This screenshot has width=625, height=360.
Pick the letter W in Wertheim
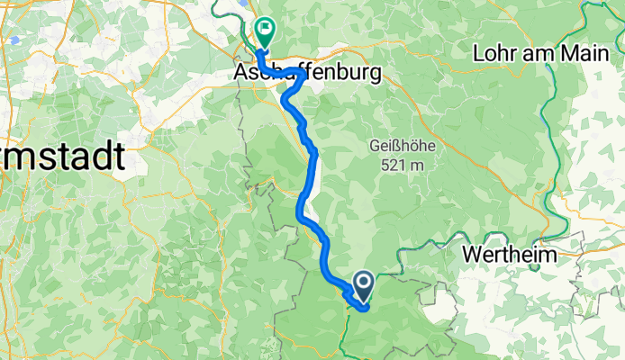[472, 255]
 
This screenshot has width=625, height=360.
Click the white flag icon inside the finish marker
[267, 28]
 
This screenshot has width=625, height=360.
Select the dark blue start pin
[364, 285]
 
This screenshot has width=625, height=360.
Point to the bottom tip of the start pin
[364, 301]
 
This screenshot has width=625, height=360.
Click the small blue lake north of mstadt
[15, 40]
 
